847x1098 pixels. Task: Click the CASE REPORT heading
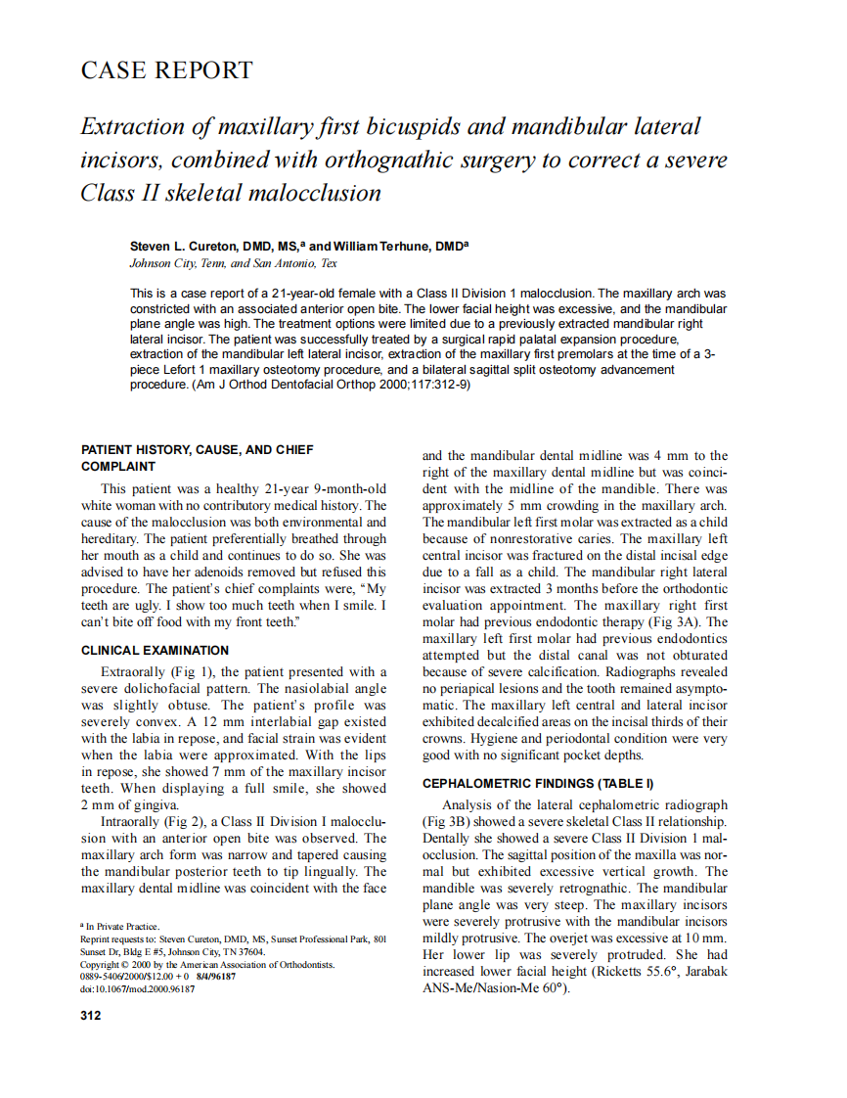click(x=166, y=70)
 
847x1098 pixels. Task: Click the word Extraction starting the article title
click(x=132, y=127)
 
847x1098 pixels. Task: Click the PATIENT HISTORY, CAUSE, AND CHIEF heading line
click(x=198, y=450)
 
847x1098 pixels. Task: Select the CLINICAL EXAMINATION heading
click(x=155, y=650)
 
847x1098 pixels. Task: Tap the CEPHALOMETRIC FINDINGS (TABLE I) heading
click(x=537, y=783)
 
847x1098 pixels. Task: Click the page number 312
click(x=90, y=1015)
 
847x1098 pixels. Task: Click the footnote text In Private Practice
click(x=121, y=925)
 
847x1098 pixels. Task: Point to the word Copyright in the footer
click(x=102, y=964)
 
